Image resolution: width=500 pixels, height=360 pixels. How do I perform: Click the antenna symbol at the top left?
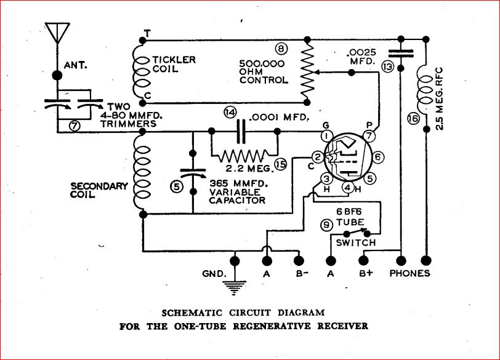tap(57, 33)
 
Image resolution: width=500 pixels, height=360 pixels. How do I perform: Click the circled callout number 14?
tap(230, 113)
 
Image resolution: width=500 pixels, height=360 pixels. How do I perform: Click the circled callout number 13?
tap(387, 66)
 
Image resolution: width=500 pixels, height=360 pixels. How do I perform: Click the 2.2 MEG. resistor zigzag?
tap(244, 154)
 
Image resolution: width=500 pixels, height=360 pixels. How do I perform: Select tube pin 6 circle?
tap(378, 158)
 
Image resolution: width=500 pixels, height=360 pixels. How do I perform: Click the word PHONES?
tap(409, 274)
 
